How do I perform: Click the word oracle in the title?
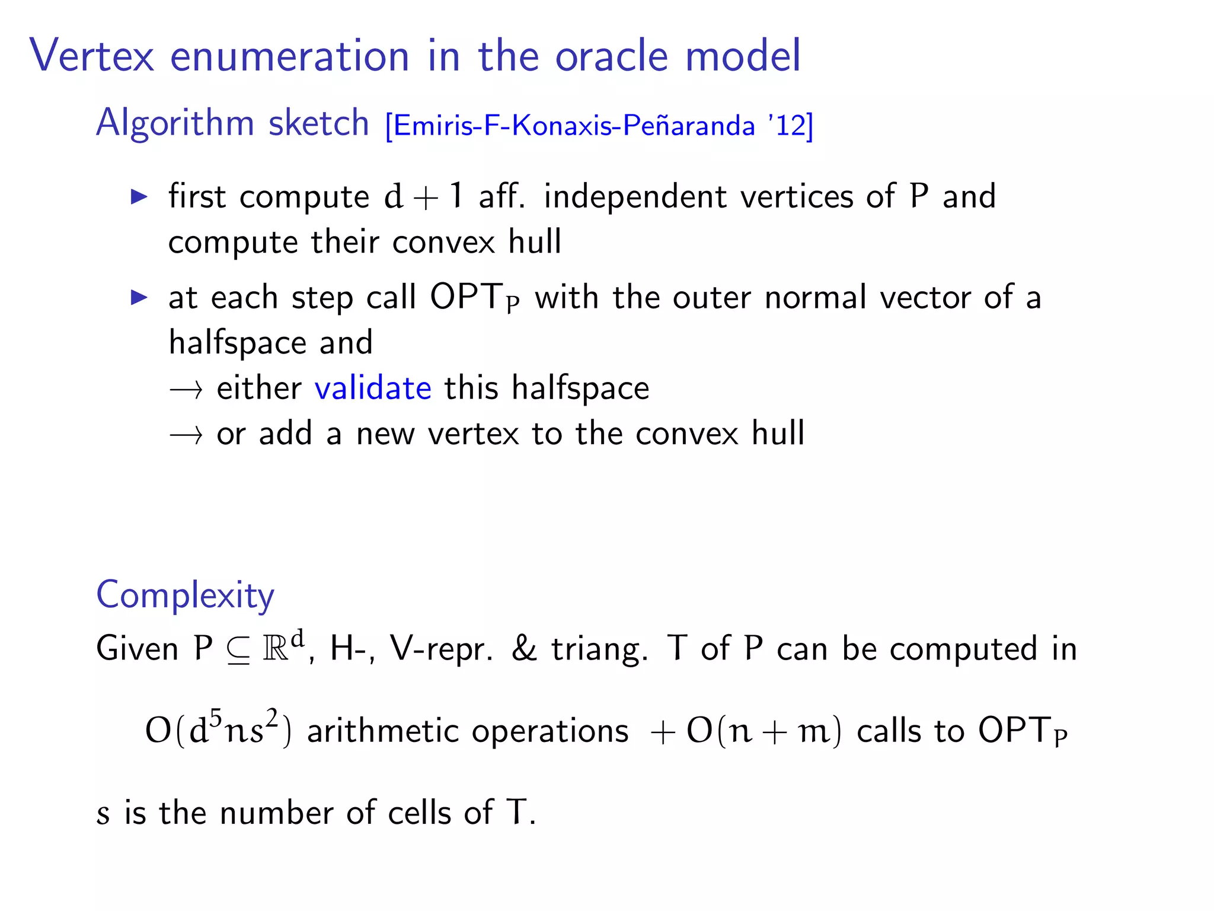tap(612, 56)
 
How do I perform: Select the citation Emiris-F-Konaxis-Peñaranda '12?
tap(599, 126)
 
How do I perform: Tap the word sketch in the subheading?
tap(318, 123)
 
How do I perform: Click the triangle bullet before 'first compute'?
tap(139, 197)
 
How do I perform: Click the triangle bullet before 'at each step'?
tap(139, 297)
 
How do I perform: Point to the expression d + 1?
tap(423, 196)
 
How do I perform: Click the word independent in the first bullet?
tap(635, 196)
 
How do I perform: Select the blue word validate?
tap(373, 388)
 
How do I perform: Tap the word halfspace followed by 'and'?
tap(237, 343)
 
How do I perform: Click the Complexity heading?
tap(185, 595)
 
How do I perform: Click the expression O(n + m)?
tap(763, 731)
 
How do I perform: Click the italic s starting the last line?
tap(103, 813)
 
